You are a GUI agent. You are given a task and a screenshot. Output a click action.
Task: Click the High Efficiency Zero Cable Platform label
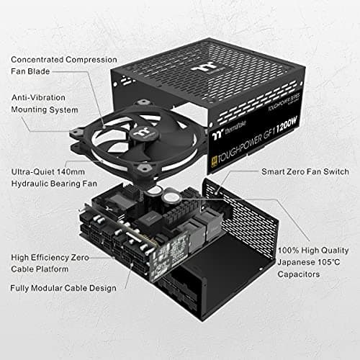[x=50, y=261]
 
